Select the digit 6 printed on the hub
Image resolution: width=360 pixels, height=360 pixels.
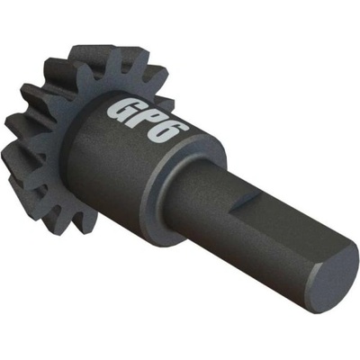click(x=168, y=134)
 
